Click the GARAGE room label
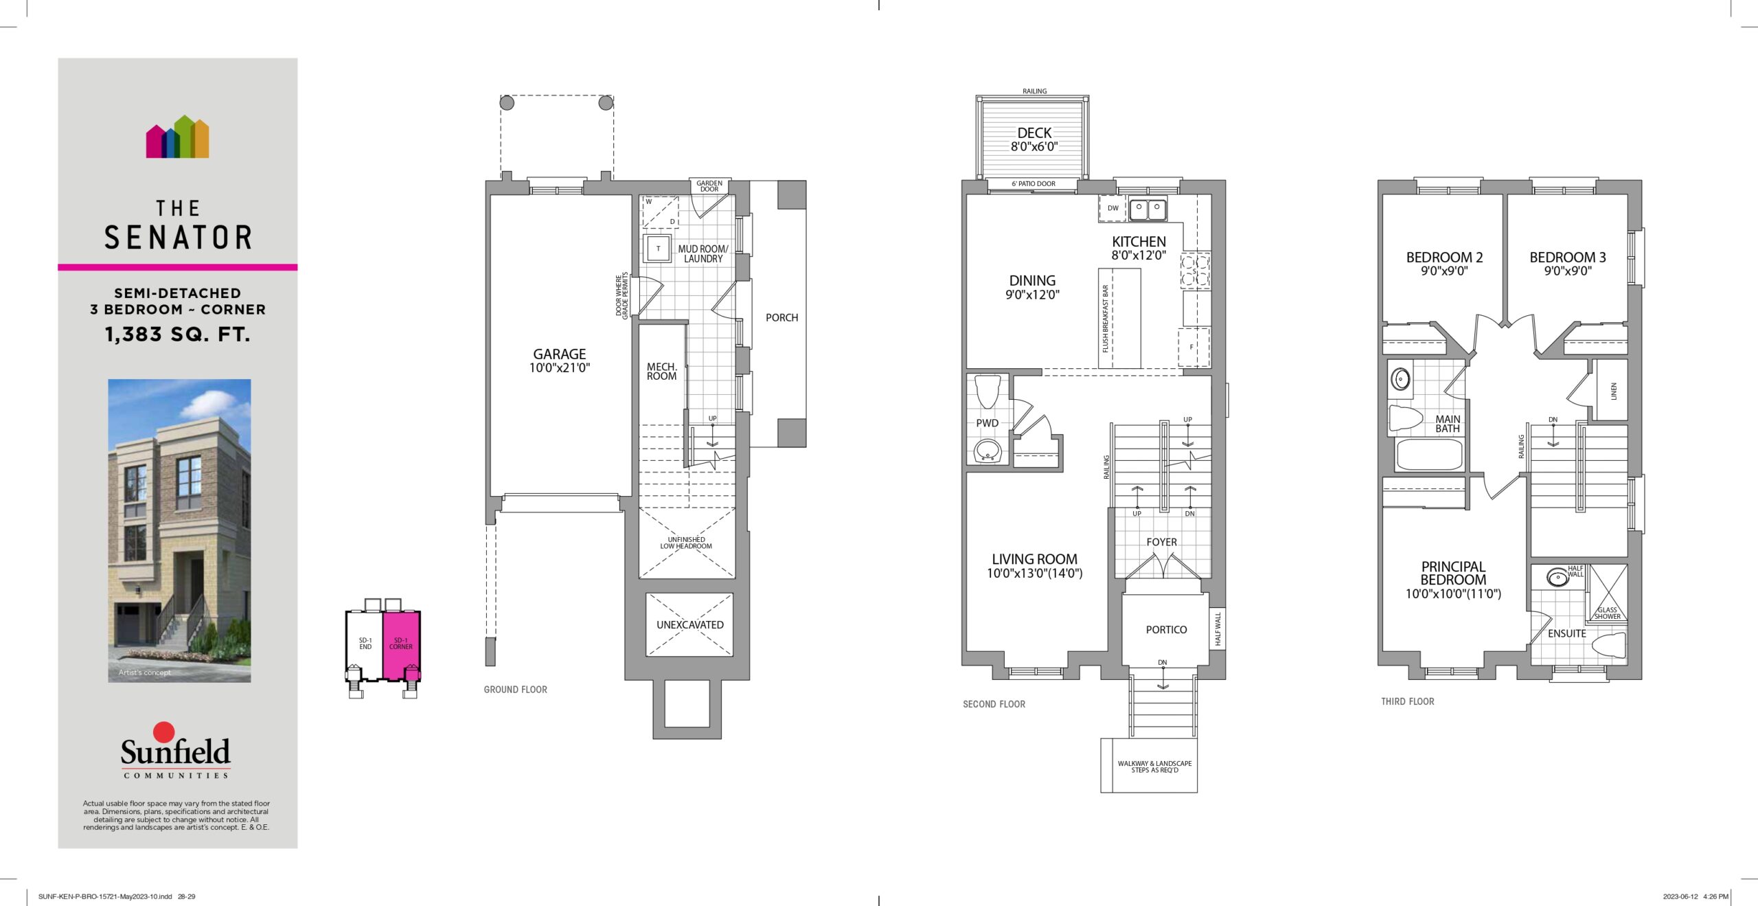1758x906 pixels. (x=560, y=354)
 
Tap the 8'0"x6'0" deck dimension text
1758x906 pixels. (x=1034, y=146)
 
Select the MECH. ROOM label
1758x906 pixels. (x=661, y=372)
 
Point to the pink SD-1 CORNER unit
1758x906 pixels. (x=401, y=644)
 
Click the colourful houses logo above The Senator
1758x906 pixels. (x=177, y=137)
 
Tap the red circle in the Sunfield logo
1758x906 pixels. (x=164, y=732)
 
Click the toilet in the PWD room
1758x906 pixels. (x=988, y=392)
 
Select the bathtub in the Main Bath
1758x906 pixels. (x=1429, y=454)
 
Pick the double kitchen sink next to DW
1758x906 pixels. (x=1148, y=209)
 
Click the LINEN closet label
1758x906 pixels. (x=1613, y=391)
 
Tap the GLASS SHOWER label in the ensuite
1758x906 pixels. (x=1607, y=613)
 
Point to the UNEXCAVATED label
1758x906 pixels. (x=689, y=625)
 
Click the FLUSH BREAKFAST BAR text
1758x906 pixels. (x=1106, y=319)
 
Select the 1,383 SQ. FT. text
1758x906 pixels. (x=177, y=335)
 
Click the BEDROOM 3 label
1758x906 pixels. (x=1568, y=258)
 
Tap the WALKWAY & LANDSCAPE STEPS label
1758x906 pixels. (x=1154, y=767)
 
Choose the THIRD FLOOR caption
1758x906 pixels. (x=1408, y=701)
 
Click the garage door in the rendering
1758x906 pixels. (x=137, y=624)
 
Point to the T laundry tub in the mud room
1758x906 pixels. (x=658, y=249)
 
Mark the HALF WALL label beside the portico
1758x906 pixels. (x=1218, y=628)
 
